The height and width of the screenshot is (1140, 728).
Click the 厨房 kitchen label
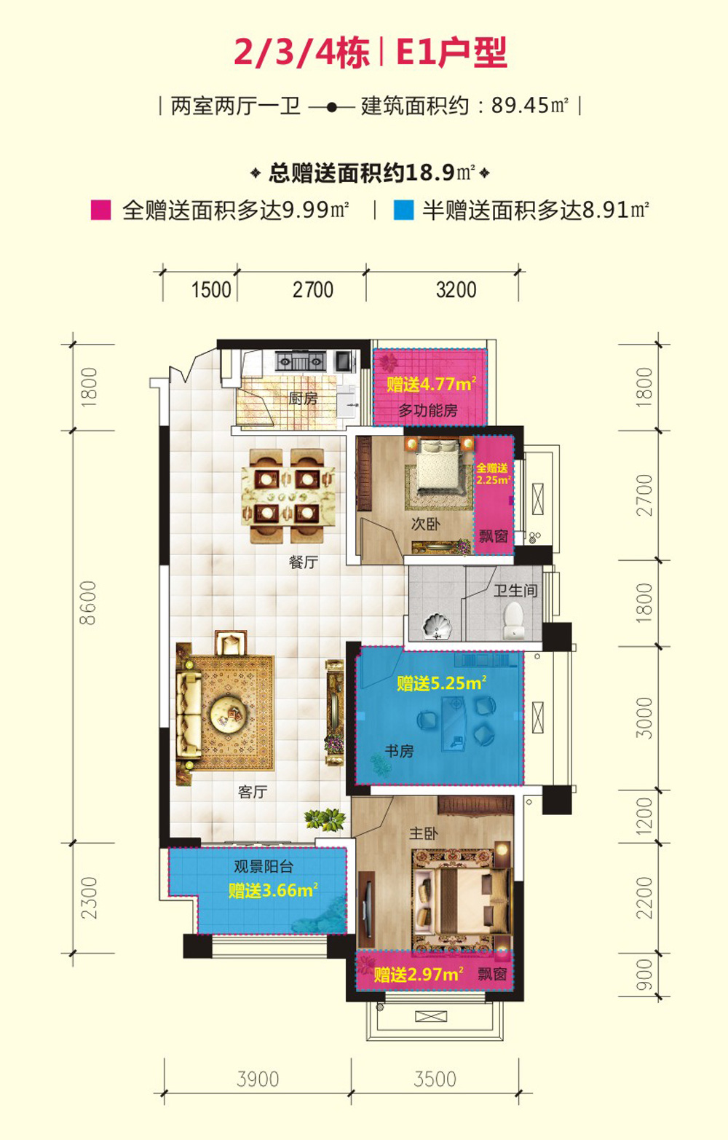[303, 398]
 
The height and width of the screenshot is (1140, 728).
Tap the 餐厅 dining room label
[303, 562]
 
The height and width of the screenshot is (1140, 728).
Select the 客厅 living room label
[253, 792]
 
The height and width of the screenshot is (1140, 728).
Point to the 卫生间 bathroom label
[515, 590]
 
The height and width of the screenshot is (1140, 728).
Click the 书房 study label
[400, 751]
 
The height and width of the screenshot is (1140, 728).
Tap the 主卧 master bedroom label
[423, 833]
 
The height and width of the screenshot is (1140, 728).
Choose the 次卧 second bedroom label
[425, 524]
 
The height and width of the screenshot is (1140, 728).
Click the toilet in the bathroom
[513, 620]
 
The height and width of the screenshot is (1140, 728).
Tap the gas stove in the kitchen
[300, 361]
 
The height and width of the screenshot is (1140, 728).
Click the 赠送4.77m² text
[432, 383]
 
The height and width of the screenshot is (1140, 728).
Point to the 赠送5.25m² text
[442, 683]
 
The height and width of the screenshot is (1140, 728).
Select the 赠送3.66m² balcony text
[273, 890]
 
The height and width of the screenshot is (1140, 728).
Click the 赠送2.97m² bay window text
[419, 974]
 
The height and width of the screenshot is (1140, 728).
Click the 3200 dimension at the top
[456, 290]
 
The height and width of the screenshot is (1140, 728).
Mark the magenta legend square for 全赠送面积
[100, 210]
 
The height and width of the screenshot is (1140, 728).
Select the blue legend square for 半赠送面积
[403, 210]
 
